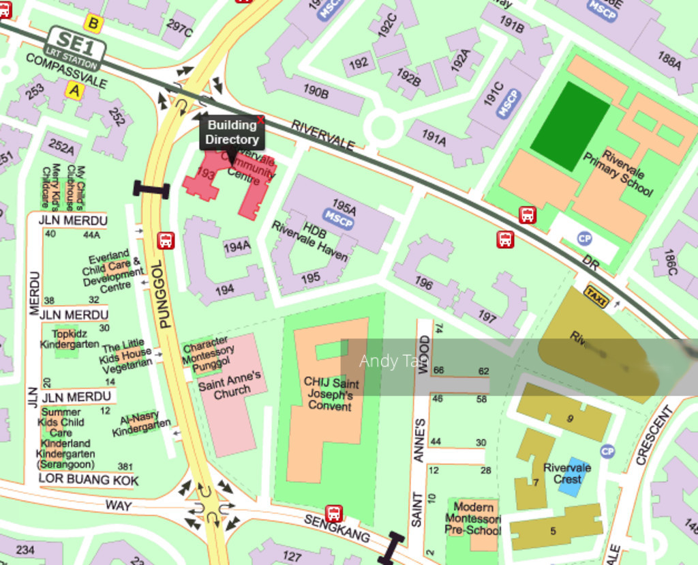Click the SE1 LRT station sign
tap(75, 48)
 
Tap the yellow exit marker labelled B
tap(93, 25)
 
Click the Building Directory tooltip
tap(232, 132)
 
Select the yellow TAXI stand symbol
tap(596, 296)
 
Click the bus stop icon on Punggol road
tap(166, 240)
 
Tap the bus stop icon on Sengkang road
tap(333, 513)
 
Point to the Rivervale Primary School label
tap(618, 173)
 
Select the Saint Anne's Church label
tap(229, 385)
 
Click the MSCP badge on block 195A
tap(338, 217)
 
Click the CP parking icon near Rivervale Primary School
tap(584, 238)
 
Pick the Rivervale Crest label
tap(567, 473)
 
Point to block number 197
tap(487, 316)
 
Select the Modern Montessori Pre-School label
tap(472, 518)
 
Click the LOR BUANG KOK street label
tap(88, 480)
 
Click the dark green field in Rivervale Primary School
tap(570, 117)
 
